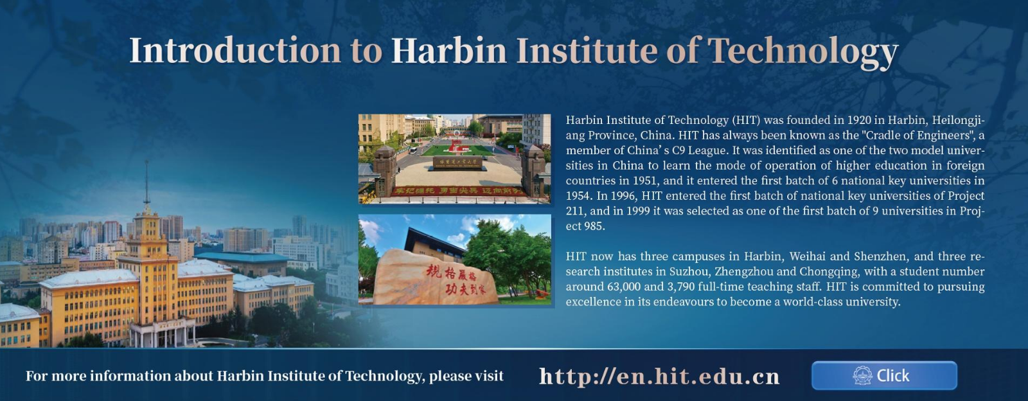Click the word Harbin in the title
[x=448, y=50]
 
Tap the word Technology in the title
[x=802, y=51]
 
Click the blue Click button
[x=884, y=375]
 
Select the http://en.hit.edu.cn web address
[x=659, y=376]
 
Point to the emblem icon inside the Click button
[x=862, y=375]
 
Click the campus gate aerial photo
[x=454, y=158]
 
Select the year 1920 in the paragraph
[x=859, y=120]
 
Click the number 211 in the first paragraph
[x=575, y=211]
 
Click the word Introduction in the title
[x=235, y=50]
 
